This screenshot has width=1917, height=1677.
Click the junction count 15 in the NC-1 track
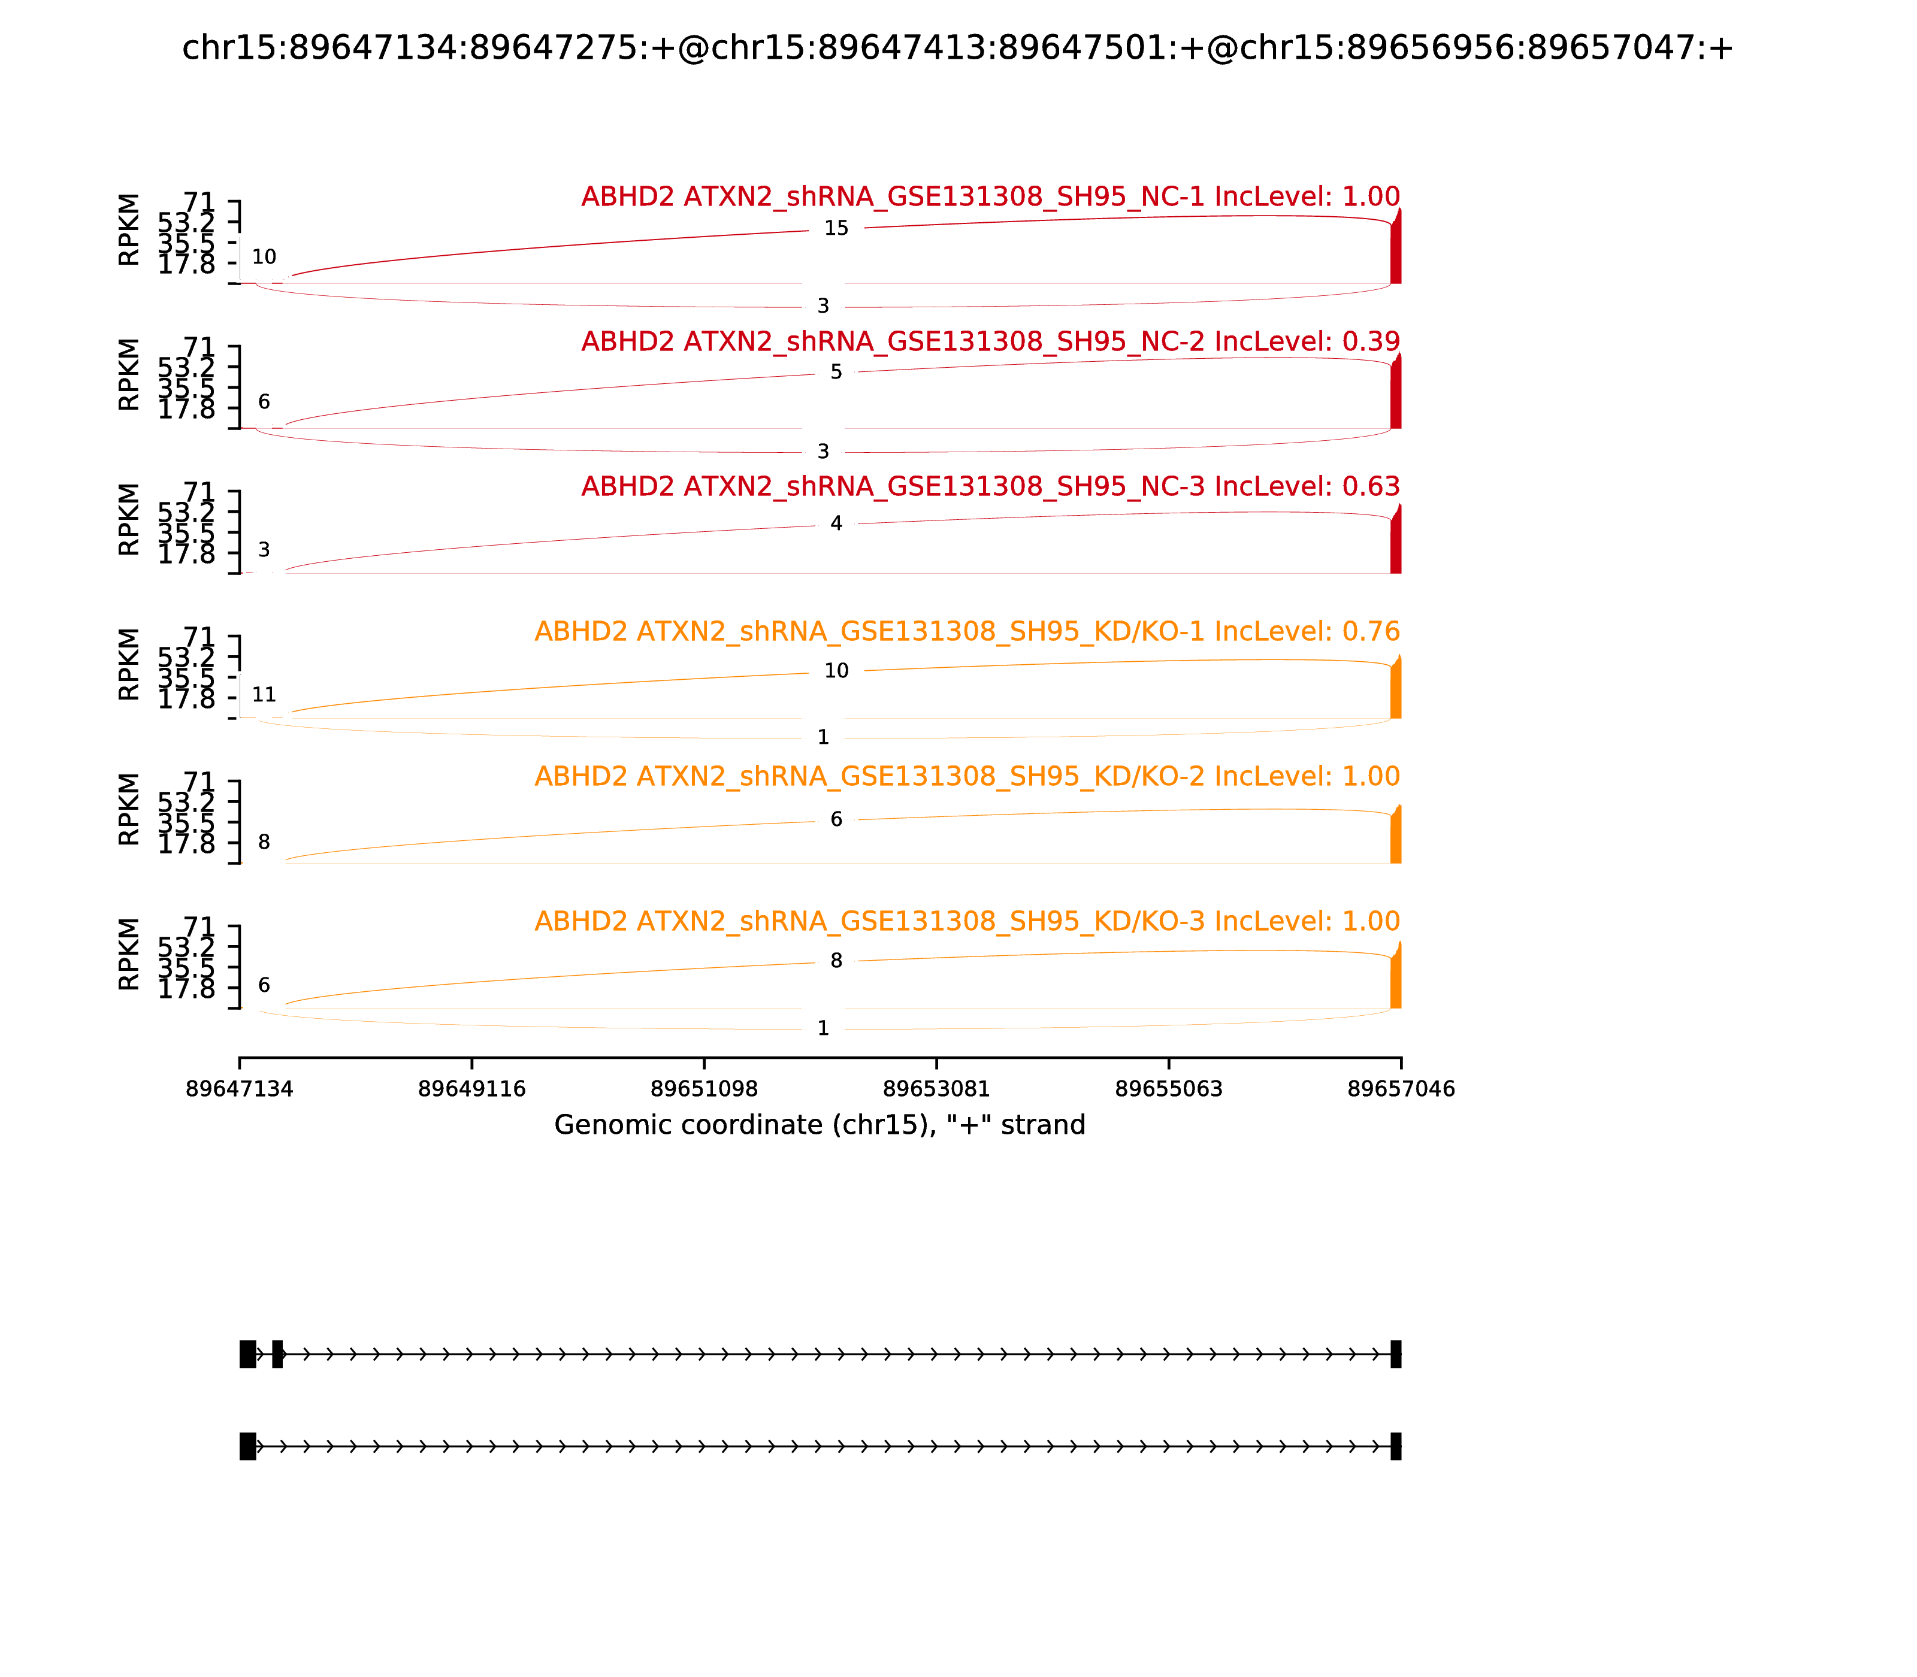835,228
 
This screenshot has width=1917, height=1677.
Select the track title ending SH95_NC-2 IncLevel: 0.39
990,341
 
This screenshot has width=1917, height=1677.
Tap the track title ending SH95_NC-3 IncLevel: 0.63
990,486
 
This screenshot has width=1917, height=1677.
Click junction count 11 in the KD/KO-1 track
264,694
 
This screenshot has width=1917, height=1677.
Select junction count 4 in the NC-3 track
836,523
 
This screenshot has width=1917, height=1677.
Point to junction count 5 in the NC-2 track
836,373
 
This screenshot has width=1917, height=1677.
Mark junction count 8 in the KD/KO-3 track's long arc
836,961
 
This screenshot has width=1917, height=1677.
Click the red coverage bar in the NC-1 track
1396,251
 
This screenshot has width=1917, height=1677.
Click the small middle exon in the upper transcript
277,1354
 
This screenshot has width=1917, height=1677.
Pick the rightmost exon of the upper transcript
1396,1354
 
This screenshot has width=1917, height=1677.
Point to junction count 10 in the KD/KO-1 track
836,671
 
